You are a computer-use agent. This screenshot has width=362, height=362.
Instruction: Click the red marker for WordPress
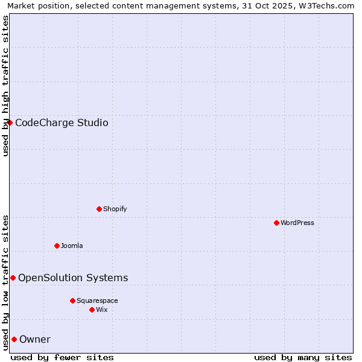(x=276, y=223)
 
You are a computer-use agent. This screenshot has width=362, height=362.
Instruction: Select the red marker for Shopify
(x=99, y=209)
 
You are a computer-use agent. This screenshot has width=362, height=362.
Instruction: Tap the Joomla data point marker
(x=57, y=246)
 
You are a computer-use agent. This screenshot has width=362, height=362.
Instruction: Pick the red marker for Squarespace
(x=72, y=300)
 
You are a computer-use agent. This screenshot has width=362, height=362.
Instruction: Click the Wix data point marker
(x=92, y=310)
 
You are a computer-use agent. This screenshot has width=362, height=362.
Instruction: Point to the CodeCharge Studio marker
(x=10, y=122)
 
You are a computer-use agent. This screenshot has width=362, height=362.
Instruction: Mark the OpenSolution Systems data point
(x=13, y=278)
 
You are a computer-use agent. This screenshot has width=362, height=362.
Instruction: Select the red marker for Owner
(x=14, y=339)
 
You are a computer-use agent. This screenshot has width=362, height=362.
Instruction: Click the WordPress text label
(x=297, y=223)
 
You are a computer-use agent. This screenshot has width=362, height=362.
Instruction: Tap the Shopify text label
(x=115, y=209)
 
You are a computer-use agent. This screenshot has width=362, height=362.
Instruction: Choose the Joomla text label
(x=72, y=246)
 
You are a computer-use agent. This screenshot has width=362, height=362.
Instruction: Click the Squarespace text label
(x=97, y=300)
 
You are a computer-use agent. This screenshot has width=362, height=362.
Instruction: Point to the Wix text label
(x=101, y=310)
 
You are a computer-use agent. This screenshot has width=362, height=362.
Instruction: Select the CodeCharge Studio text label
(x=62, y=123)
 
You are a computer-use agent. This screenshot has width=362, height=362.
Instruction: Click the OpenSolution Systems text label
(x=73, y=278)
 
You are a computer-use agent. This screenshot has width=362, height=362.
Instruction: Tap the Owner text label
(x=35, y=340)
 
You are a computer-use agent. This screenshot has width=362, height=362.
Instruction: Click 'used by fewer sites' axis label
(x=62, y=357)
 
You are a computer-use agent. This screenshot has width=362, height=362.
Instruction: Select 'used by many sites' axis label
(x=303, y=357)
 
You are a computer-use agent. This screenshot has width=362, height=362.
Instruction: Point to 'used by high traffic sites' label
(x=5, y=86)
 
